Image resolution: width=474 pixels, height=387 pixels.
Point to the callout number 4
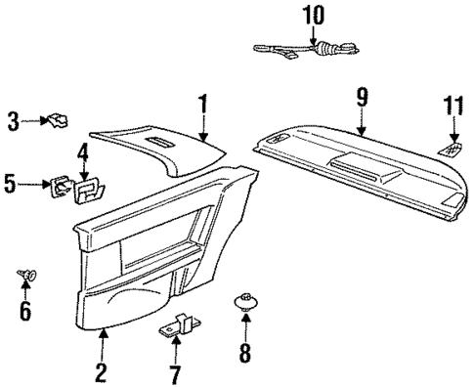pyautogui.click(x=84, y=151)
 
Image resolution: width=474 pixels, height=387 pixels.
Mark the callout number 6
pyautogui.click(x=25, y=312)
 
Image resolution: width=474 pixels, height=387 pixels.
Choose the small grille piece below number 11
pyautogui.click(x=451, y=148)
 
